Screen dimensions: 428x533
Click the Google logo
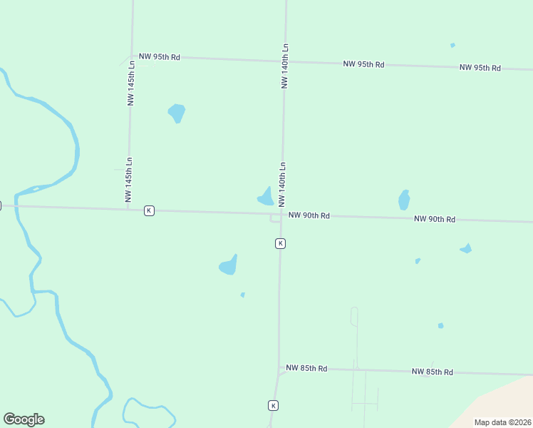click(x=24, y=419)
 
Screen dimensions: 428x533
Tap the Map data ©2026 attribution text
click(x=502, y=422)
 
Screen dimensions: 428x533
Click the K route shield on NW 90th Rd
click(x=149, y=210)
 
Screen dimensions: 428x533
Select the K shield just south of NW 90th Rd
click(x=281, y=243)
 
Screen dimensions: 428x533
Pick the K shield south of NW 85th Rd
click(x=273, y=405)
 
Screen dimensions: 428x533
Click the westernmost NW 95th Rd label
click(x=160, y=56)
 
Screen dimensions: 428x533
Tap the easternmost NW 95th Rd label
click(x=480, y=68)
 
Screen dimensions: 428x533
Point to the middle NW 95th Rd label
click(x=363, y=64)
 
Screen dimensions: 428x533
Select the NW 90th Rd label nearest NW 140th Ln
click(x=309, y=215)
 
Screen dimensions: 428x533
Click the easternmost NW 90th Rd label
click(x=435, y=219)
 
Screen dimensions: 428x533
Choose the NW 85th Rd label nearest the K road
click(x=306, y=368)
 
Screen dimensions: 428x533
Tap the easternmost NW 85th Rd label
click(x=433, y=372)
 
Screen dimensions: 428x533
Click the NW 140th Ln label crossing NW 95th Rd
click(x=285, y=66)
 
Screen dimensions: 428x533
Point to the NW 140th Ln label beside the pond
click(x=283, y=183)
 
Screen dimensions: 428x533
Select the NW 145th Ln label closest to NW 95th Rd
click(x=131, y=82)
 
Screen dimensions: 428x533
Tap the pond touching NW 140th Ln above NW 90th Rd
click(x=266, y=198)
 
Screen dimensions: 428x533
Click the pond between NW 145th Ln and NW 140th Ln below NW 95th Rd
click(x=177, y=113)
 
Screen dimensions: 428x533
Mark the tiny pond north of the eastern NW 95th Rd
click(x=452, y=46)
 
